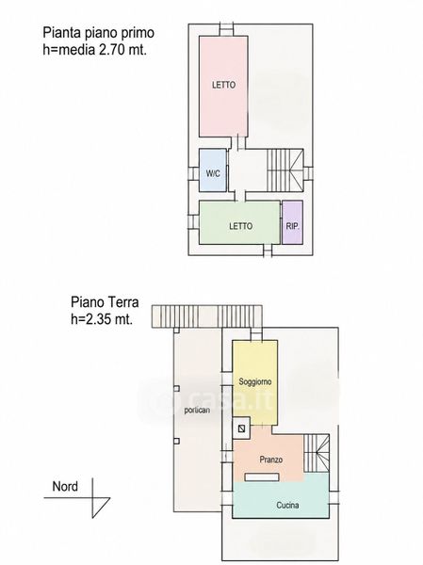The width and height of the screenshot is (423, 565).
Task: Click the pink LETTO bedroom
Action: click(223, 87)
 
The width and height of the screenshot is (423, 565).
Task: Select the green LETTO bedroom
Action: click(240, 222)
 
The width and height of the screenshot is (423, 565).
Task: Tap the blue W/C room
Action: click(213, 170)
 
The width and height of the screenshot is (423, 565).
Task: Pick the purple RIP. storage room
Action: click(292, 222)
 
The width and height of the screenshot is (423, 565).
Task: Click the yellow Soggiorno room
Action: click(255, 382)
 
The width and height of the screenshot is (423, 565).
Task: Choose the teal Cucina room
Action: click(281, 499)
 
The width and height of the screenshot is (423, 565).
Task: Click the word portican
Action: click(197, 410)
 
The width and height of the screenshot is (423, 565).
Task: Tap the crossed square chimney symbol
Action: click(242, 428)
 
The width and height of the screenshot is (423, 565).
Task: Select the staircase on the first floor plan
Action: click(285, 170)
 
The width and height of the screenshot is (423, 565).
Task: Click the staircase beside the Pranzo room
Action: click(317, 453)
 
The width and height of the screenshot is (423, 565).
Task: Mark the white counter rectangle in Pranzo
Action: click(262, 477)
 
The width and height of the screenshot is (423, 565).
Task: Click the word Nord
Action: click(65, 487)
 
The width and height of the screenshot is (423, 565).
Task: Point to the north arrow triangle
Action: click(101, 508)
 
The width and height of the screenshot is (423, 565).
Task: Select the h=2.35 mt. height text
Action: click(102, 319)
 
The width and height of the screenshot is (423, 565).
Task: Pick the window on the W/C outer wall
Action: click(194, 173)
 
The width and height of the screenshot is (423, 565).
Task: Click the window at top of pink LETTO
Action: click(227, 29)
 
